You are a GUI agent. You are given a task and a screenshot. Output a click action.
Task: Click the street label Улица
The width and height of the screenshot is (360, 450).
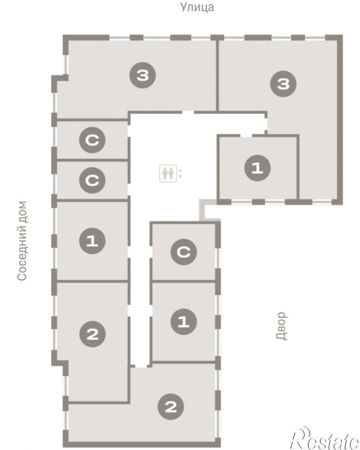[x=197, y=7]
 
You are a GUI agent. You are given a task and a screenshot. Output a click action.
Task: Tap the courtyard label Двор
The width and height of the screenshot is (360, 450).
[x=282, y=326]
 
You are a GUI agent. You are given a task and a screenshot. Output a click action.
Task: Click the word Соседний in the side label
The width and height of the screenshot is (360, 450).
[x=22, y=256]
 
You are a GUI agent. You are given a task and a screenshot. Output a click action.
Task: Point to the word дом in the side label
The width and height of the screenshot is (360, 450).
[x=22, y=213]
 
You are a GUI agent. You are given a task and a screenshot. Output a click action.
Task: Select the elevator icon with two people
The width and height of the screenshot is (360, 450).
[x=168, y=173]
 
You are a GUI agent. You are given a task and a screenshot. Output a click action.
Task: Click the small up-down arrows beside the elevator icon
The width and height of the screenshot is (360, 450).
[x=180, y=173]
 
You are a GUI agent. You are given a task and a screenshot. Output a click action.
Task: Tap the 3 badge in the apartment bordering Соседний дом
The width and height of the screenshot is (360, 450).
[x=143, y=75]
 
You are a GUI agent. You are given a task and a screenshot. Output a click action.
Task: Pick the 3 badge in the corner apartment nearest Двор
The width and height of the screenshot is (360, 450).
[x=284, y=83]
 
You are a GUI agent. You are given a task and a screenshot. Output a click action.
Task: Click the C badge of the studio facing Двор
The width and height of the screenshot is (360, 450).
[x=184, y=252]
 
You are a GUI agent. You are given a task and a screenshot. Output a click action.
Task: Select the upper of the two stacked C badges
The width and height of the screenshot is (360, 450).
[x=92, y=140]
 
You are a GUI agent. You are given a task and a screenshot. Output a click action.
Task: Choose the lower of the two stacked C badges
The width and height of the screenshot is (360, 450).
[x=92, y=180]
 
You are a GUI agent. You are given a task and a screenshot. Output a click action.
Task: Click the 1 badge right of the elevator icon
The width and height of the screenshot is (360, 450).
[x=257, y=168]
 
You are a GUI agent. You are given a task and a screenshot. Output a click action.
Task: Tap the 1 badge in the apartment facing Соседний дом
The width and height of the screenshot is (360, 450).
[x=92, y=240]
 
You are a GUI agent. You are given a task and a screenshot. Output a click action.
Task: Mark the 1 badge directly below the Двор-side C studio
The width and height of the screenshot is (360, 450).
[x=184, y=321]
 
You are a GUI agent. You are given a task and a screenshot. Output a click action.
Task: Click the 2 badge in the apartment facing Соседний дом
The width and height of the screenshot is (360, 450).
[x=92, y=334]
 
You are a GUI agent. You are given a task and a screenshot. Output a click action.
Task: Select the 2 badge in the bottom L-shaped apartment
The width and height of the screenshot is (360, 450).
[x=171, y=406]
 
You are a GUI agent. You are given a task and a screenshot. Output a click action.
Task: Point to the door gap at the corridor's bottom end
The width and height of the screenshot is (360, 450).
[x=141, y=366]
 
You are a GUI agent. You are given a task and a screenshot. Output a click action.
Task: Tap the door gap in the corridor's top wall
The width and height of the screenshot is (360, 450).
[x=188, y=112]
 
